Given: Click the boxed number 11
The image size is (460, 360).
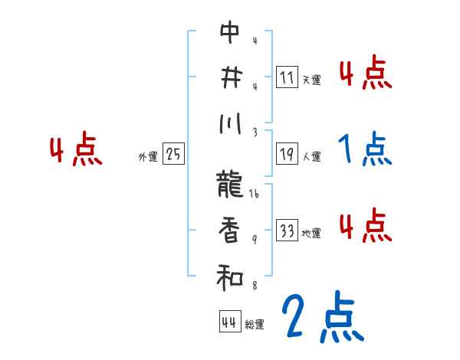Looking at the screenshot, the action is tap(287, 77).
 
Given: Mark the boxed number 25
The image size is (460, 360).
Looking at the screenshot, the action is tap(173, 155).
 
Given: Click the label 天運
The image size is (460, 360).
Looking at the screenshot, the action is tap(311, 80).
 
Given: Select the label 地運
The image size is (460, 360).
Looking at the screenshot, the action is tap(311, 234).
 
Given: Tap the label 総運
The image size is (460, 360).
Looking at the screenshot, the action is tap(255, 325).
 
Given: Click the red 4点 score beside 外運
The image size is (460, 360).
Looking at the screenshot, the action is tap(75, 151).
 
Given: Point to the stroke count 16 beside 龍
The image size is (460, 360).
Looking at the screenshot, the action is tap(255, 195).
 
